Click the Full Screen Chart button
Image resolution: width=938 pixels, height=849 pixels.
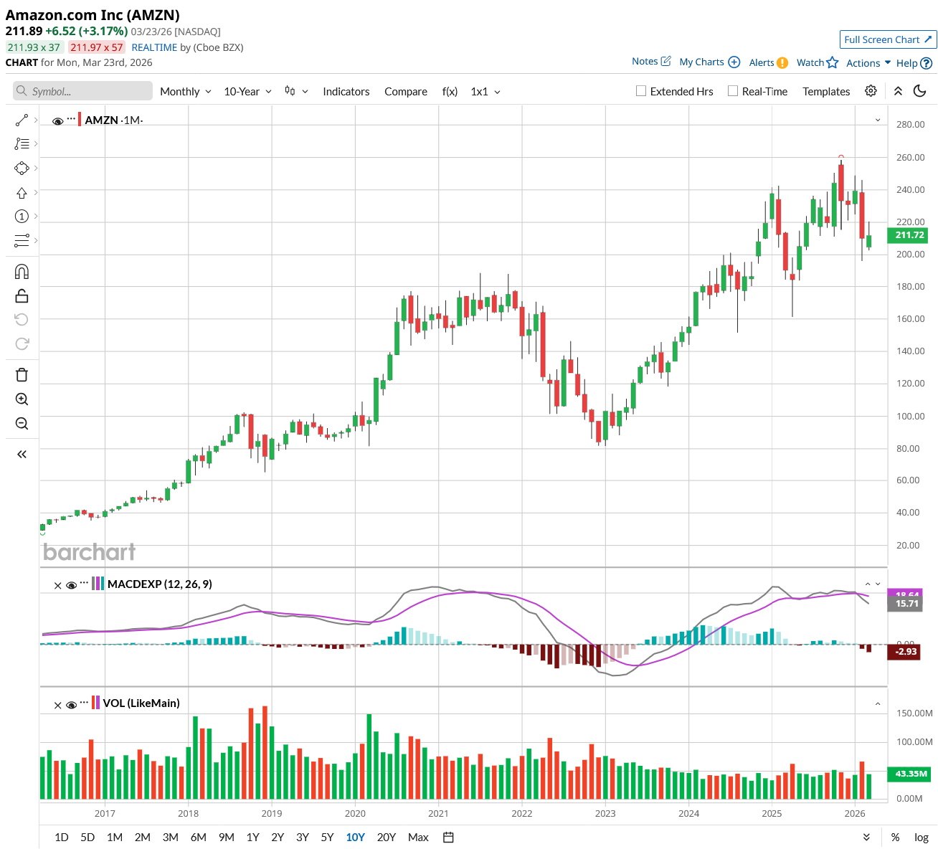[887, 39]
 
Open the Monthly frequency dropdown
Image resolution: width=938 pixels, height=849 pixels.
[185, 92]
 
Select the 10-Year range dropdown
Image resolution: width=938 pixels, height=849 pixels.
[247, 92]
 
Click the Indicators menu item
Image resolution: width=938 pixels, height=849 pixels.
[346, 92]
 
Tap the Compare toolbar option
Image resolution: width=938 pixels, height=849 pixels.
[405, 92]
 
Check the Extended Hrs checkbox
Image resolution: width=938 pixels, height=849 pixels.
[641, 91]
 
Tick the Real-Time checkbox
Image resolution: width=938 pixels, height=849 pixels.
[733, 91]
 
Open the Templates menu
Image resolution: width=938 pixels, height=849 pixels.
[826, 92]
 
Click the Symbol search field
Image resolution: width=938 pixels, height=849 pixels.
[82, 91]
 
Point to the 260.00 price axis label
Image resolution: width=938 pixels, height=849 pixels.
[910, 157]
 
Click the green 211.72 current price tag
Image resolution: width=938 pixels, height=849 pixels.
[909, 235]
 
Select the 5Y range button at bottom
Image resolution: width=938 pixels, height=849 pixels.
[327, 837]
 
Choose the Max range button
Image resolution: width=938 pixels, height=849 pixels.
[418, 837]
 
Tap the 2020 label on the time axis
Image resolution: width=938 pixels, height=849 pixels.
[355, 813]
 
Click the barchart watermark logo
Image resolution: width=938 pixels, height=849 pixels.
[89, 551]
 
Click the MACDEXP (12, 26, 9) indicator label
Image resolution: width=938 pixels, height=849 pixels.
[159, 584]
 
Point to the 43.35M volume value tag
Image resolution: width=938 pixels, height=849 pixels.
[910, 774]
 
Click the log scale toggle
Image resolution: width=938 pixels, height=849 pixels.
[922, 837]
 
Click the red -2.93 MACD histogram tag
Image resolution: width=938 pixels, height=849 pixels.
[906, 652]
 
